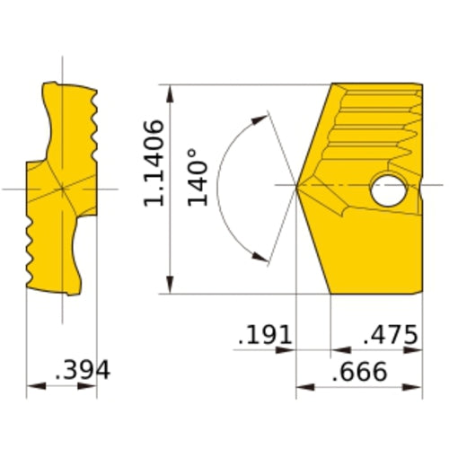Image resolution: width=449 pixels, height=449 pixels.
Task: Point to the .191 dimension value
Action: pyautogui.click(x=266, y=336)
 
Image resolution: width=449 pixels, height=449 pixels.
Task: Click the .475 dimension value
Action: pyautogui.click(x=391, y=336)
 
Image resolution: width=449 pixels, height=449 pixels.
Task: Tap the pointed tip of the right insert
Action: pyautogui.click(x=298, y=186)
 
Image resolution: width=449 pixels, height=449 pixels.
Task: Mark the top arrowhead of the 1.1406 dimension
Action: pyautogui.click(x=169, y=89)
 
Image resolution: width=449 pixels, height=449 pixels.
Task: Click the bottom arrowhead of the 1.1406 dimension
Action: pyautogui.click(x=169, y=287)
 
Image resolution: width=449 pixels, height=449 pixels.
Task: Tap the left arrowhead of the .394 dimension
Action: pyautogui.click(x=31, y=388)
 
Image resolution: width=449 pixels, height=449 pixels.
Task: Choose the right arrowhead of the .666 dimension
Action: pyautogui.click(x=418, y=388)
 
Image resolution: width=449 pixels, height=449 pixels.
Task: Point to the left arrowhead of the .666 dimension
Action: pyautogui.click(x=302, y=388)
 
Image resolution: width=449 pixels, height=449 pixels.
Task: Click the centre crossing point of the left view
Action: pyautogui.click(x=62, y=189)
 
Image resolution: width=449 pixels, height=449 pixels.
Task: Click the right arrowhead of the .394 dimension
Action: pyautogui.click(x=92, y=388)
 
